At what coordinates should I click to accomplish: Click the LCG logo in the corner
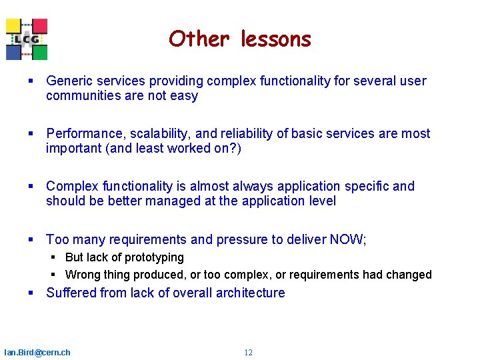(27, 39)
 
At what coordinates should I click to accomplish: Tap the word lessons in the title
(275, 39)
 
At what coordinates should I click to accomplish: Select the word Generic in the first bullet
(69, 81)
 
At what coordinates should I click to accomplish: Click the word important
(73, 148)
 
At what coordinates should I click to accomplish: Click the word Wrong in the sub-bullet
(81, 275)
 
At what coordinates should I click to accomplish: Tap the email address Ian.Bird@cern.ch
(37, 352)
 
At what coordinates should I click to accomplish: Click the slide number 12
(248, 353)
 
